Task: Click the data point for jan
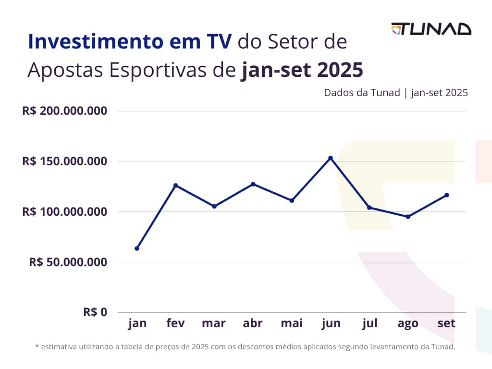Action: coord(137,248)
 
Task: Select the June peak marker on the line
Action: coord(331,158)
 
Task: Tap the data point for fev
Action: coord(176,185)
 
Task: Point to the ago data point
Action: coord(408,217)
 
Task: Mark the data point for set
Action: coord(447,195)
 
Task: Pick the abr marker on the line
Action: coord(253,184)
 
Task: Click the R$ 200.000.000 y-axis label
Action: coord(64,111)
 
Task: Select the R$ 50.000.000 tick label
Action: coord(68,262)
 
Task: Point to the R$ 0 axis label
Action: coord(95,312)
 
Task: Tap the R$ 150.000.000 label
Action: coord(64,161)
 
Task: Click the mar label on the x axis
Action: coord(214,323)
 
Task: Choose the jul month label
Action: coord(369,323)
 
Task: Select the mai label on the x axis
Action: coord(292,323)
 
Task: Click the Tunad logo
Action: coord(431,29)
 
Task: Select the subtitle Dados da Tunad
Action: coord(362,93)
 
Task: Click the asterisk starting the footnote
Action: coord(37,346)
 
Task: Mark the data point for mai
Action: coord(292,200)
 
